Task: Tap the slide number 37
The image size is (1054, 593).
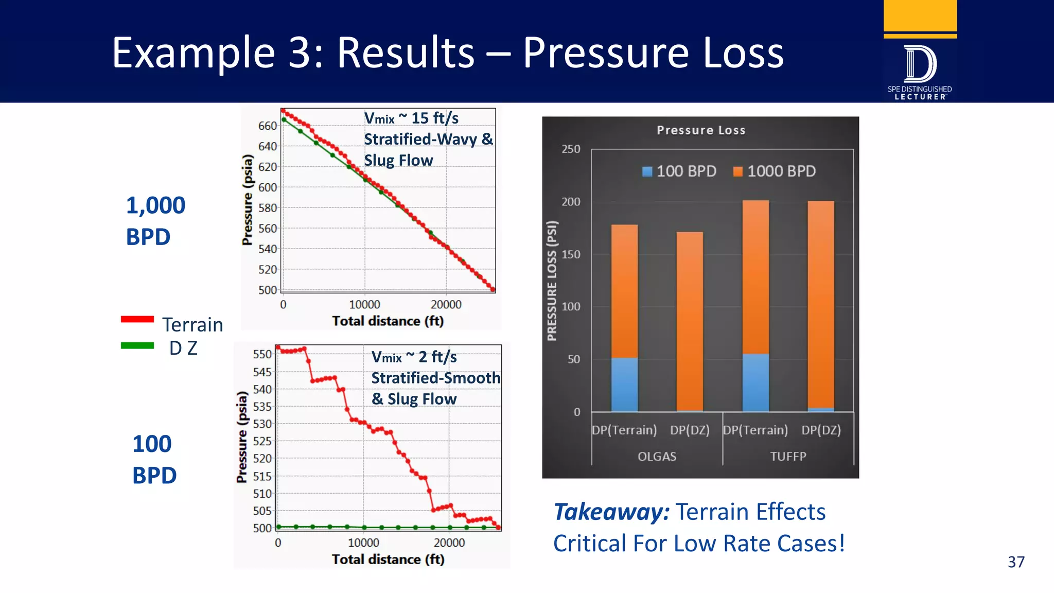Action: tap(1016, 562)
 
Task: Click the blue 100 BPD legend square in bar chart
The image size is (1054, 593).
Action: tap(647, 171)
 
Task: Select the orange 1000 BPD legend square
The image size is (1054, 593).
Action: tap(738, 171)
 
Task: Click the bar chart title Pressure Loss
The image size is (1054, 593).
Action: tap(701, 130)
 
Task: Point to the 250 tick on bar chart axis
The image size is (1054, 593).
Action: tap(571, 149)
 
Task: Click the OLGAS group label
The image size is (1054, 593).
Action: tap(657, 456)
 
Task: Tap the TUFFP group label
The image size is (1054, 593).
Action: tap(788, 456)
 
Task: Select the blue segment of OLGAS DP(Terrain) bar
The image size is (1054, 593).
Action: tap(624, 385)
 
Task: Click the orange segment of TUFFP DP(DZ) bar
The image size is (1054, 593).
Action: tap(821, 304)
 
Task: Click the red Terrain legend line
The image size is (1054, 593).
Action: tap(137, 319)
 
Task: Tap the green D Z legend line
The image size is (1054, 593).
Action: tap(137, 346)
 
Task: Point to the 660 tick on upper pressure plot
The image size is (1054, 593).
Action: tap(267, 126)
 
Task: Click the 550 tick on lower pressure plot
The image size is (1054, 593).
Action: tap(262, 354)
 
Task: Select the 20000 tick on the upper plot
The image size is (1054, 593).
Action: tap(446, 304)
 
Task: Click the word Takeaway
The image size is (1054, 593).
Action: tap(611, 512)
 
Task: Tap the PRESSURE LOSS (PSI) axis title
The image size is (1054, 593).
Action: tap(552, 281)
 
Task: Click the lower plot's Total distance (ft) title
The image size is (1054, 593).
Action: tap(388, 559)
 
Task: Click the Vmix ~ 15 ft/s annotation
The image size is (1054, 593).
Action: tap(411, 118)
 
